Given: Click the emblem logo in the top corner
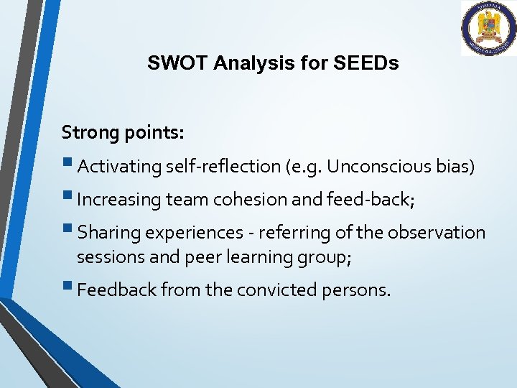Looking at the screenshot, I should (x=488, y=28).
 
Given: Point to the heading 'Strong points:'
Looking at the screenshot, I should (x=123, y=132).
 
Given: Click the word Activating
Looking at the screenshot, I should (x=119, y=167).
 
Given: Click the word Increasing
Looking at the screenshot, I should (x=118, y=200).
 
